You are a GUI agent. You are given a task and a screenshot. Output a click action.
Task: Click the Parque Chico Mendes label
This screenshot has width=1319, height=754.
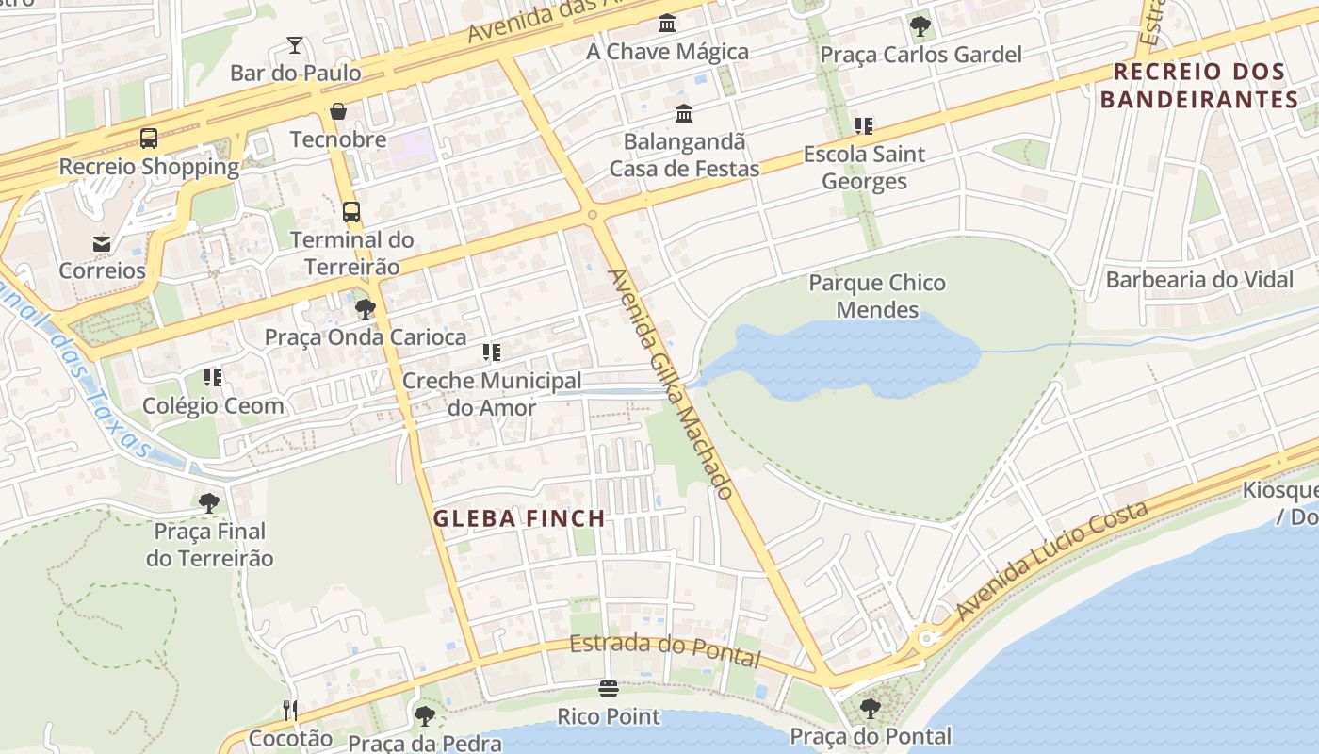pyautogui.click(x=877, y=296)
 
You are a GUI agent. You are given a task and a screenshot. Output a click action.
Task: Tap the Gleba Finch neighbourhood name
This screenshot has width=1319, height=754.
pyautogui.click(x=519, y=518)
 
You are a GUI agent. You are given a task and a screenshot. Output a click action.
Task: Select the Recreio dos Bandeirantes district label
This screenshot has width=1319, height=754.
pyautogui.click(x=1199, y=85)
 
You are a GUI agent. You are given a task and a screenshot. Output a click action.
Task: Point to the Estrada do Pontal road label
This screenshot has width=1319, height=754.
pyautogui.click(x=664, y=649)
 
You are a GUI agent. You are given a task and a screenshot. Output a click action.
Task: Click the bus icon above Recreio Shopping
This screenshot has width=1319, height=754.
pyautogui.click(x=149, y=139)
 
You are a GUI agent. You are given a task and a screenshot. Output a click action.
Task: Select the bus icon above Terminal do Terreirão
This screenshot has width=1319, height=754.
pyautogui.click(x=351, y=212)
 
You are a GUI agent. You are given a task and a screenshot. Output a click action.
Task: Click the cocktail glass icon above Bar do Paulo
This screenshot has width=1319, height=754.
pyautogui.click(x=295, y=45)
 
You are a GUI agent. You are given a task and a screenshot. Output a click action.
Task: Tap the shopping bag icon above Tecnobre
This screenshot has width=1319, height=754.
pyautogui.click(x=338, y=112)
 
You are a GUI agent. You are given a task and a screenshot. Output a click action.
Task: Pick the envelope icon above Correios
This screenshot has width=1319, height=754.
pyautogui.click(x=102, y=243)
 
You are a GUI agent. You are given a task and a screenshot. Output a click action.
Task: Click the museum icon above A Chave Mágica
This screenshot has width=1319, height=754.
pyautogui.click(x=667, y=23)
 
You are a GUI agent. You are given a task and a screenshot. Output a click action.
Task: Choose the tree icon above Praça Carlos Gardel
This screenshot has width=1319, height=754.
pyautogui.click(x=920, y=26)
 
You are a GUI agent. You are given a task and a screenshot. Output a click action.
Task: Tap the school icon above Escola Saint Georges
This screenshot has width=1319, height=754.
pyautogui.click(x=864, y=125)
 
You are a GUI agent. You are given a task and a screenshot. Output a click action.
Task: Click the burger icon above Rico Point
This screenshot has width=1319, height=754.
pyautogui.click(x=609, y=690)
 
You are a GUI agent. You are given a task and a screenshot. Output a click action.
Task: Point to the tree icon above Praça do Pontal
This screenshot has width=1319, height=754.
pyautogui.click(x=871, y=708)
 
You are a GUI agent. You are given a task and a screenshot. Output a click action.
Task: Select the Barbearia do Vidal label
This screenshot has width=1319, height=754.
pyautogui.click(x=1199, y=279)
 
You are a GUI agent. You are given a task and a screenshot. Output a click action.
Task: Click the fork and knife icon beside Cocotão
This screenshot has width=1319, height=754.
pyautogui.click(x=290, y=710)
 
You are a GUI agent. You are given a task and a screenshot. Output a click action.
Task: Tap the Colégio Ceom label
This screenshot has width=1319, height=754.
pyautogui.click(x=213, y=405)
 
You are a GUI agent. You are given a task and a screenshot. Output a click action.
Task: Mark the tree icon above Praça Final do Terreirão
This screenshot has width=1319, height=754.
pyautogui.click(x=209, y=503)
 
